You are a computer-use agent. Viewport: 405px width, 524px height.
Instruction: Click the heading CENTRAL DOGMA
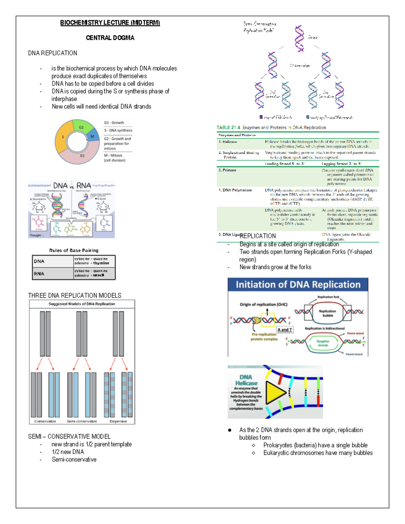tap(110, 38)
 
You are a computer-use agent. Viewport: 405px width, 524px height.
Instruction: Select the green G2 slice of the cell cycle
tap(82, 127)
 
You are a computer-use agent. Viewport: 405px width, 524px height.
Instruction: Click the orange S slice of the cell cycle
tap(63, 138)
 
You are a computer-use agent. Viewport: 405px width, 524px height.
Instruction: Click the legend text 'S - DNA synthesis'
tap(118, 130)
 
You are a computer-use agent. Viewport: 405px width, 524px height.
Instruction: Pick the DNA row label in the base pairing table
tap(39, 261)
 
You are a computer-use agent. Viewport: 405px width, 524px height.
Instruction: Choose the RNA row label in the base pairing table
tap(39, 274)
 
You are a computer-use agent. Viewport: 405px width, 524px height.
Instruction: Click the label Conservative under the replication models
tap(45, 421)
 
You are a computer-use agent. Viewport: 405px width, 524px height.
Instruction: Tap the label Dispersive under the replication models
tap(118, 421)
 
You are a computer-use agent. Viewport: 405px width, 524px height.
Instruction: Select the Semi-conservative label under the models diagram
tap(82, 421)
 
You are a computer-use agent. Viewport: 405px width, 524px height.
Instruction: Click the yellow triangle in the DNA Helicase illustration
tap(275, 392)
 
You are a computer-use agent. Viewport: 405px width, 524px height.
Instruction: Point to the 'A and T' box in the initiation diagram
tap(285, 330)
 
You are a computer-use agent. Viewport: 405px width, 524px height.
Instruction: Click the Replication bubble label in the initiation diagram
tap(327, 313)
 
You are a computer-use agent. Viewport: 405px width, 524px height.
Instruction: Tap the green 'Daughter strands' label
tap(323, 343)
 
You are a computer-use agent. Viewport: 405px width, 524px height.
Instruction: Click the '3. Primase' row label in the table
tap(227, 170)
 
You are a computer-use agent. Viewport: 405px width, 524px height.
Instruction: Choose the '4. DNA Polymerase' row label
tap(235, 190)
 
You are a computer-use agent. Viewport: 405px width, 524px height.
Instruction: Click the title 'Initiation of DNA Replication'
tap(298, 285)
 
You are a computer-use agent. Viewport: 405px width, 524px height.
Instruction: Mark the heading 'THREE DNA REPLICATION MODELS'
tap(75, 296)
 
